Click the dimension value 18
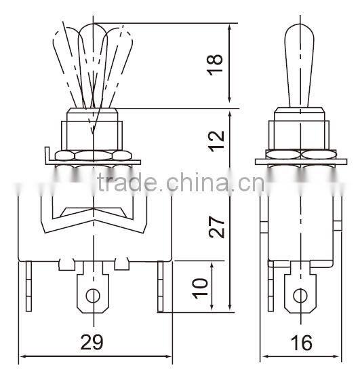point(216,65)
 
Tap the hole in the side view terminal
point(300,295)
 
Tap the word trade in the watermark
point(127,182)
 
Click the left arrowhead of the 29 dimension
point(22,356)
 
